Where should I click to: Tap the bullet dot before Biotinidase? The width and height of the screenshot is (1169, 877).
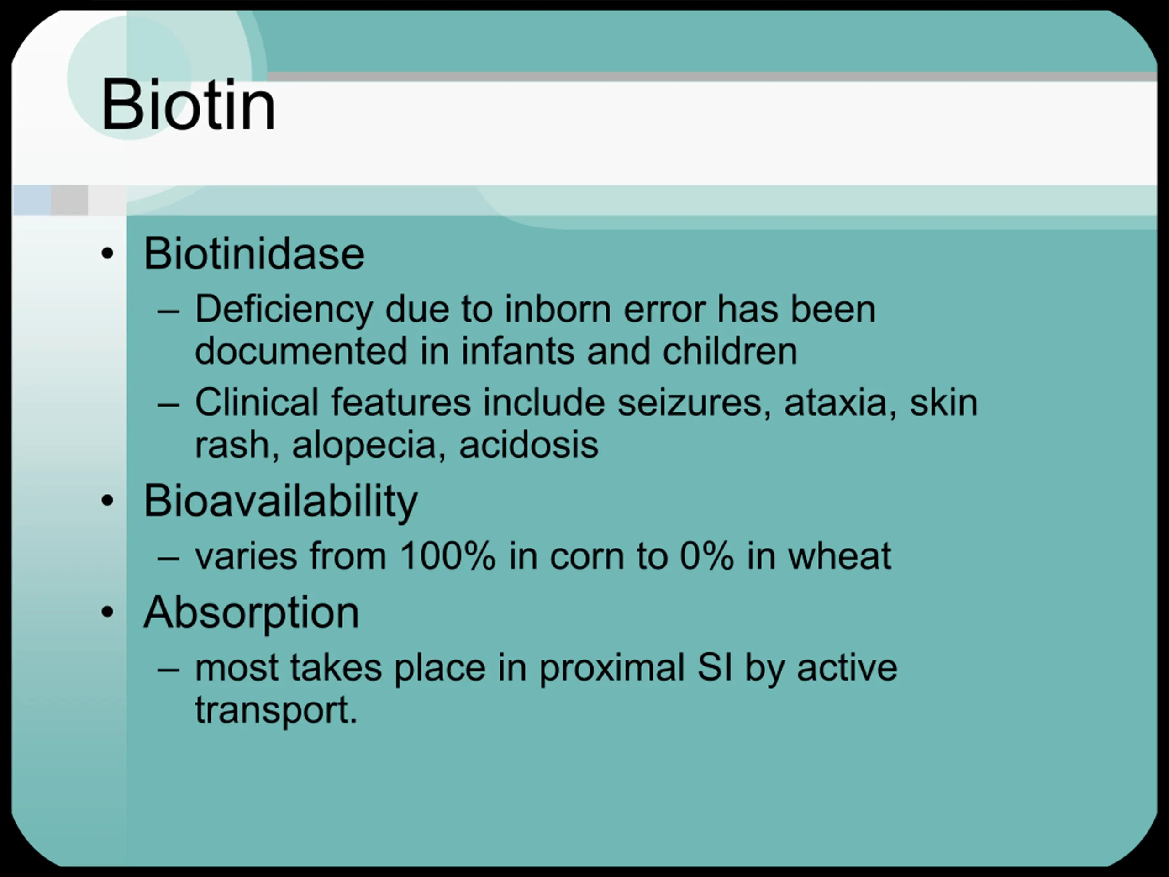click(107, 253)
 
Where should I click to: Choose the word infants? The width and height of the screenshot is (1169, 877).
click(517, 351)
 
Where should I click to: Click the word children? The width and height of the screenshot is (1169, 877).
click(730, 351)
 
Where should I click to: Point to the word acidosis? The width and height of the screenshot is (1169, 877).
click(528, 444)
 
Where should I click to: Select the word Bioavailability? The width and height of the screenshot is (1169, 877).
click(281, 501)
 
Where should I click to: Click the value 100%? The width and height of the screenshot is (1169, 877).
click(448, 556)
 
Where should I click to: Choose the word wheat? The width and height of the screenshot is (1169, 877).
click(840, 556)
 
